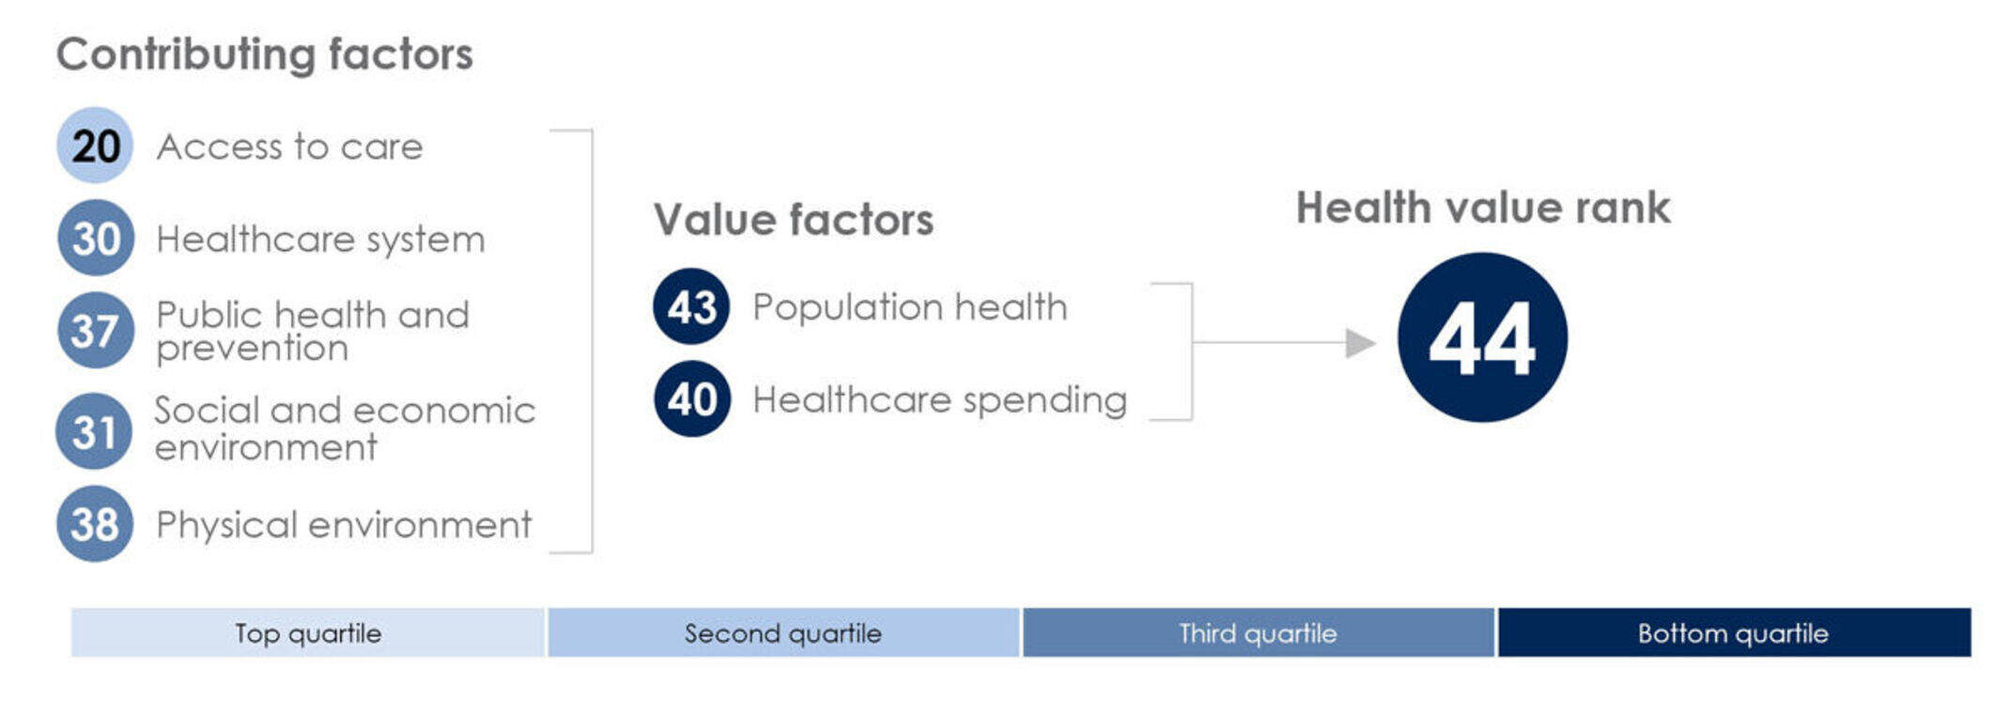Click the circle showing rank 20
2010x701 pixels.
(x=95, y=146)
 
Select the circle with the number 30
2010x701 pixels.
(x=95, y=238)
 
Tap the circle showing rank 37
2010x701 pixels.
(x=95, y=330)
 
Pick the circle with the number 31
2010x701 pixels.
(x=94, y=431)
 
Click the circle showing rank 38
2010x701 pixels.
(x=95, y=523)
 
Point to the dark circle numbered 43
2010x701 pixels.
(x=691, y=306)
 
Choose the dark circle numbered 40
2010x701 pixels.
(x=692, y=398)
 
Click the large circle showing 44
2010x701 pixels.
(x=1482, y=337)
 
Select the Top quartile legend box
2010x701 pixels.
(x=308, y=632)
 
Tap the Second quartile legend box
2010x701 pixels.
(x=783, y=632)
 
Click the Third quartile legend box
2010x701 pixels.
(x=1259, y=632)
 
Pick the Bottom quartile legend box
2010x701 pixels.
(x=1734, y=632)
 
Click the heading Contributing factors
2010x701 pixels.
(x=265, y=55)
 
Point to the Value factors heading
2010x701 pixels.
(x=794, y=220)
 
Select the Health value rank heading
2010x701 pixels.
(x=1483, y=208)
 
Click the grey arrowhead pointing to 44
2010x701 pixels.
(x=1360, y=343)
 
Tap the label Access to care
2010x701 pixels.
(x=289, y=147)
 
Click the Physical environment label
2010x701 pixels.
(x=344, y=524)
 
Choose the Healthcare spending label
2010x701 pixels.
(x=939, y=400)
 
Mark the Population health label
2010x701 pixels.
(x=910, y=307)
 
